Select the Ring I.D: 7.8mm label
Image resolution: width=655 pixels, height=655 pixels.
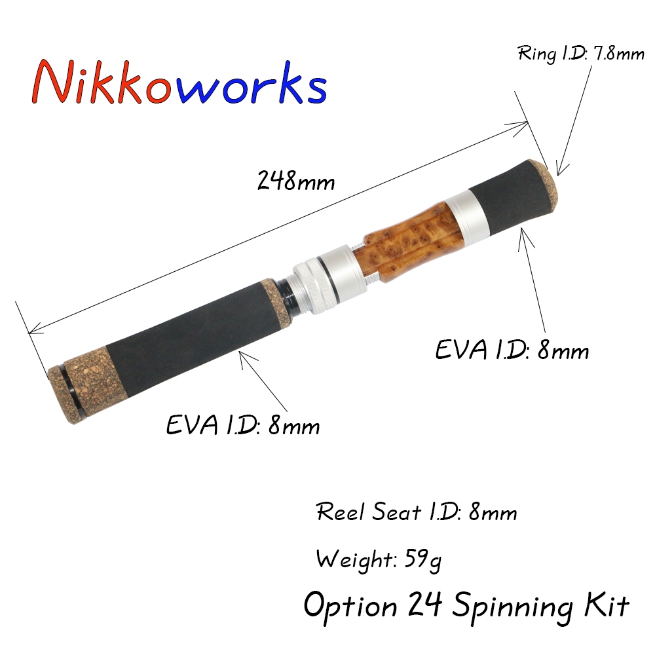point(581,53)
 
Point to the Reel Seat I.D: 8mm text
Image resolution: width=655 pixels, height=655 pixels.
point(417,512)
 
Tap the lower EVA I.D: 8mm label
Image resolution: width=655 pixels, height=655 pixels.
point(243,426)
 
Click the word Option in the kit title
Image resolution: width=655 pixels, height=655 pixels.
point(350,607)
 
